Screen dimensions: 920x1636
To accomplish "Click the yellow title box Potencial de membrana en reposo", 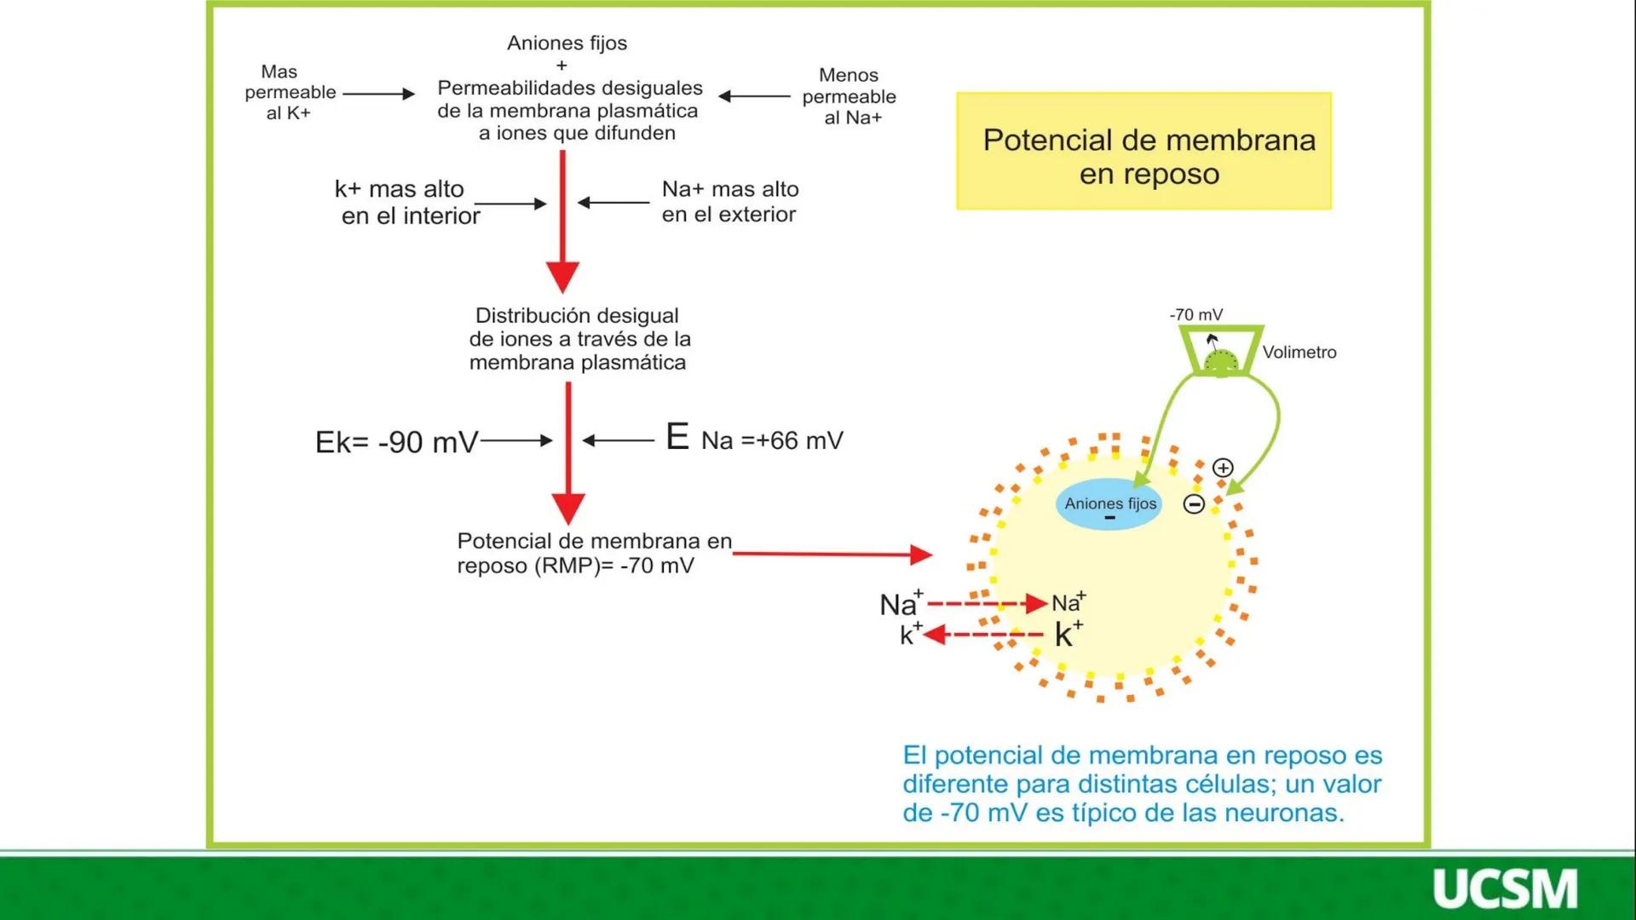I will [1143, 152].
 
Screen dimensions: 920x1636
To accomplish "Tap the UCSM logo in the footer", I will [1504, 888].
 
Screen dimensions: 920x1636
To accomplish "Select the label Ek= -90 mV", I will [396, 442].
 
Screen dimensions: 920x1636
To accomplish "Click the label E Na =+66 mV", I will [754, 440].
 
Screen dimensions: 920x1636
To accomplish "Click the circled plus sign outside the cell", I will [1223, 468].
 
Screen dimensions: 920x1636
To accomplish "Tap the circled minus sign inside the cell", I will [1194, 504].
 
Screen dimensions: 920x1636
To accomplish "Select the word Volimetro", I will [1299, 352].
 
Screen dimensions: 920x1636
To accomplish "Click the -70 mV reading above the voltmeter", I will [1195, 314].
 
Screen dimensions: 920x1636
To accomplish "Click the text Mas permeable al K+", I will [290, 92].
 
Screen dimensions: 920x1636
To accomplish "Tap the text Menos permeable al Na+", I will [849, 96].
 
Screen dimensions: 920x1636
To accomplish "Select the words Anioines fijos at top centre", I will [567, 43].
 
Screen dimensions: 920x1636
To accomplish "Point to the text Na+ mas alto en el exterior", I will [729, 201].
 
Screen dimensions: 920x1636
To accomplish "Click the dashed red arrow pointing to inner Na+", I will [986, 604].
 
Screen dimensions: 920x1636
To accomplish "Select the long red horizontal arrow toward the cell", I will [831, 555].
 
